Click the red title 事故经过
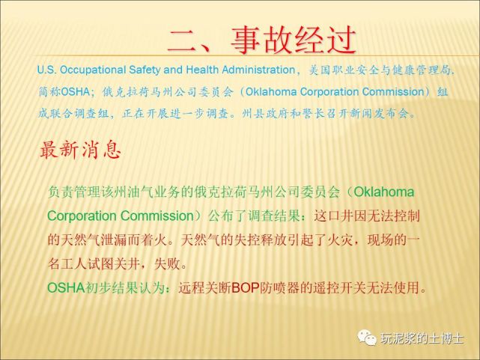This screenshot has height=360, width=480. click(x=294, y=40)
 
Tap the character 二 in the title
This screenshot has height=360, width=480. click(x=183, y=40)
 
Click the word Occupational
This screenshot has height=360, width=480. click(x=93, y=70)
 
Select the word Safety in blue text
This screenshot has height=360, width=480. click(x=145, y=70)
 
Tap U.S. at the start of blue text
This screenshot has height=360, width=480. click(x=46, y=70)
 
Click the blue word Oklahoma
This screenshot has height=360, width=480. click(x=271, y=92)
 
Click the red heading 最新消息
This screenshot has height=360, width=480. click(x=81, y=150)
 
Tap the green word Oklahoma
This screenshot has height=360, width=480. click(x=384, y=192)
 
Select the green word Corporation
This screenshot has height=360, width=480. click(x=81, y=216)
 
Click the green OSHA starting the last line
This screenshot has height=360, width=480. click(x=66, y=288)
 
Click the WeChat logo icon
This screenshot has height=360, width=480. click(x=367, y=338)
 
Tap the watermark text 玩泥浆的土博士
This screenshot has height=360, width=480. click(x=422, y=338)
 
